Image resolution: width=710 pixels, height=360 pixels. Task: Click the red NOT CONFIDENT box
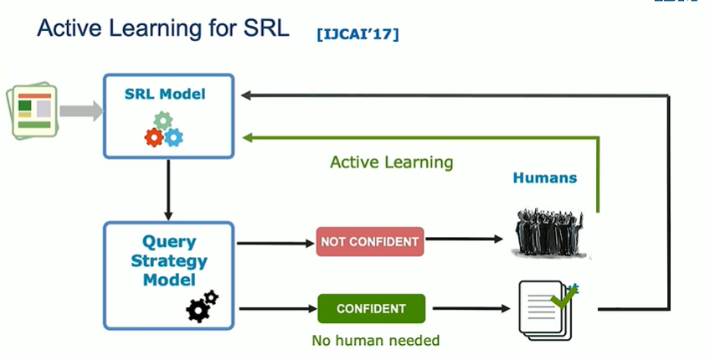click(x=370, y=241)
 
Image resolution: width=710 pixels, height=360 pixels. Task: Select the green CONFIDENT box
click(x=371, y=308)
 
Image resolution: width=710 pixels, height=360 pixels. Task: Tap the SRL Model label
click(x=165, y=94)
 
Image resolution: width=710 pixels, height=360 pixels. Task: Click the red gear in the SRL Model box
click(x=154, y=137)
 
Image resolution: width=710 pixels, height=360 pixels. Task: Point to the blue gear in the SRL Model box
click(x=173, y=137)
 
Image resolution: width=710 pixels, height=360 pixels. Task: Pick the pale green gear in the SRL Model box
click(x=163, y=121)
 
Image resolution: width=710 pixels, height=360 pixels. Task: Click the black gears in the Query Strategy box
click(x=202, y=306)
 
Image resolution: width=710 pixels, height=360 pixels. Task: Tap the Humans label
click(x=545, y=177)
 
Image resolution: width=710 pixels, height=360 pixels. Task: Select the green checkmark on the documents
click(x=564, y=296)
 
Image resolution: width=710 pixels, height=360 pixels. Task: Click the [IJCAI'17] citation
click(x=358, y=34)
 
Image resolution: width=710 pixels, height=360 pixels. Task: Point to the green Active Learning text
click(x=391, y=162)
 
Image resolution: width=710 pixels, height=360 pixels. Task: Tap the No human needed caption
click(x=376, y=340)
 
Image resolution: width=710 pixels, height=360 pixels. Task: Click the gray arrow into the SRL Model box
click(x=81, y=111)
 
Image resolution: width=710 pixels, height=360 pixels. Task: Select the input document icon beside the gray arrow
click(x=32, y=111)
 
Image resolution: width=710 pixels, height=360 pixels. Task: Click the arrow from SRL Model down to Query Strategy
click(x=168, y=190)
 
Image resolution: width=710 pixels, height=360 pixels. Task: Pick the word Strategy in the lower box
click(x=169, y=261)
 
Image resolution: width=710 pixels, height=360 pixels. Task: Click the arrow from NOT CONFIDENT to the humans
click(x=464, y=239)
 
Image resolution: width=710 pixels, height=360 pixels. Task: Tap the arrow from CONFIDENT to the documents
click(x=471, y=308)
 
